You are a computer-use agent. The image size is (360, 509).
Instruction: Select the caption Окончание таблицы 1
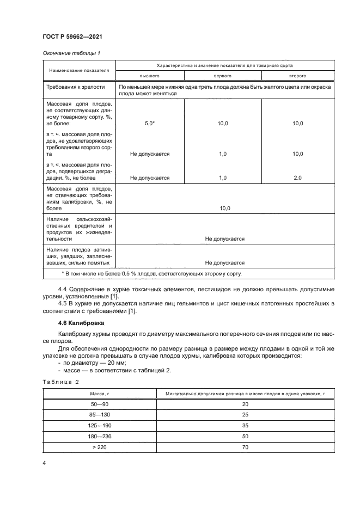pos(68,53)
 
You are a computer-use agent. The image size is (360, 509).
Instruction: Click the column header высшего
pos(150,76)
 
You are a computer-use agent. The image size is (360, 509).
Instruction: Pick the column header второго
pos(297,76)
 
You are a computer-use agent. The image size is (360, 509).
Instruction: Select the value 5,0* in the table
pos(150,124)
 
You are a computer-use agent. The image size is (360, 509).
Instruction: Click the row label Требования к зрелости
pos(72,87)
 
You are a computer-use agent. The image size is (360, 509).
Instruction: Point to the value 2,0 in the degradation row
pos(297,177)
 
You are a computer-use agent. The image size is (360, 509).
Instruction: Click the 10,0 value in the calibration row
pos(225,208)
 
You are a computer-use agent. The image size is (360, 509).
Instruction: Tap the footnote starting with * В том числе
pos(151,274)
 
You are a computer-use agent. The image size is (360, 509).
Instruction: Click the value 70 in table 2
pos(244,447)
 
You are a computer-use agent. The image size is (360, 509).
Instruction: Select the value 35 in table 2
pos(244,425)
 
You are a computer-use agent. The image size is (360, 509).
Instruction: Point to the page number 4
pos(44,463)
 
